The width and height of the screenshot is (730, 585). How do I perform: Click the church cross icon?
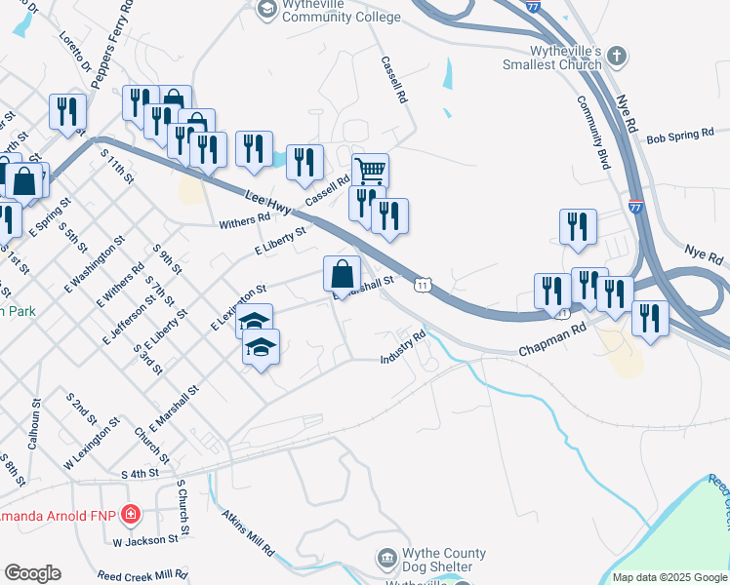[616, 57]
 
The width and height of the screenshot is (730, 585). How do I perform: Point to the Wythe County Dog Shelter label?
[438, 559]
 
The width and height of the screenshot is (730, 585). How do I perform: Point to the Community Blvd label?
[592, 133]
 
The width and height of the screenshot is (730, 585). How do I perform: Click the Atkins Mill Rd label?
[248, 532]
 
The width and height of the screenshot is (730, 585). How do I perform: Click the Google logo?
[32, 573]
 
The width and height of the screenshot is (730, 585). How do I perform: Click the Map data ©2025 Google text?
[669, 577]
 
